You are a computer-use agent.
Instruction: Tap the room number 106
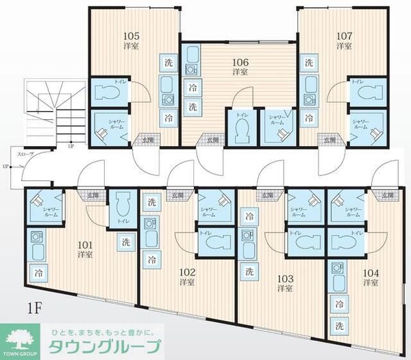pyautogui.click(x=239, y=60)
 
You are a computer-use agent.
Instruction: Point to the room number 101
pyautogui.click(x=85, y=243)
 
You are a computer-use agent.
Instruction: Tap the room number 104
pyautogui.click(x=371, y=272)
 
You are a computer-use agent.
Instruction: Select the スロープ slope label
pyautogui.click(x=25, y=155)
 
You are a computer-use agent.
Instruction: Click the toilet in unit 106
pyautogui.click(x=241, y=130)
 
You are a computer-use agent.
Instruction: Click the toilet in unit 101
pyautogui.click(x=124, y=204)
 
